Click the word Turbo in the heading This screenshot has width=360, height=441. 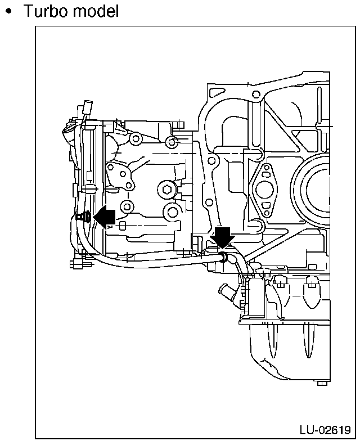pos(46,11)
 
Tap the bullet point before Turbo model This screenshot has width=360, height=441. pos(9,11)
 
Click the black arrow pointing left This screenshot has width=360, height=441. pos(105,216)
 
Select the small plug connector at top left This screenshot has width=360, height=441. pos(87,106)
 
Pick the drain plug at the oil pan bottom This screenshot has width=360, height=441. pos(321,383)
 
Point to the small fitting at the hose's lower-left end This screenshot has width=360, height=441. pos(78,263)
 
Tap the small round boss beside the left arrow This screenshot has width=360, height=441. pos(128,206)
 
